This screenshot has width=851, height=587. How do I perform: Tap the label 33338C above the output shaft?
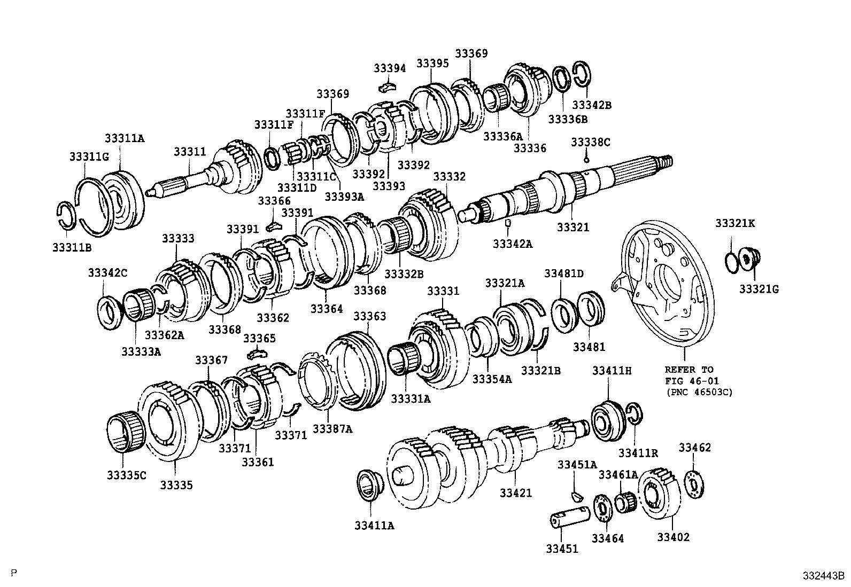(590, 142)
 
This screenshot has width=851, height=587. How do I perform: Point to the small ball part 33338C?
(586, 159)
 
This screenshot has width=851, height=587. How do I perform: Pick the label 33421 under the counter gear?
(516, 492)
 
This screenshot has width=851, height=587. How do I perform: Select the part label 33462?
(695, 448)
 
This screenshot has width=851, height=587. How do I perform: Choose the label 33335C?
(126, 474)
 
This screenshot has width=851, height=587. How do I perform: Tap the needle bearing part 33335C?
(126, 432)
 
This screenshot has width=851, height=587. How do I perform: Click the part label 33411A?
(374, 526)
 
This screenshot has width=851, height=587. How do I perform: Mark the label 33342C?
(107, 273)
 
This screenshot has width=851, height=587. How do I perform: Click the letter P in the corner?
(14, 573)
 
